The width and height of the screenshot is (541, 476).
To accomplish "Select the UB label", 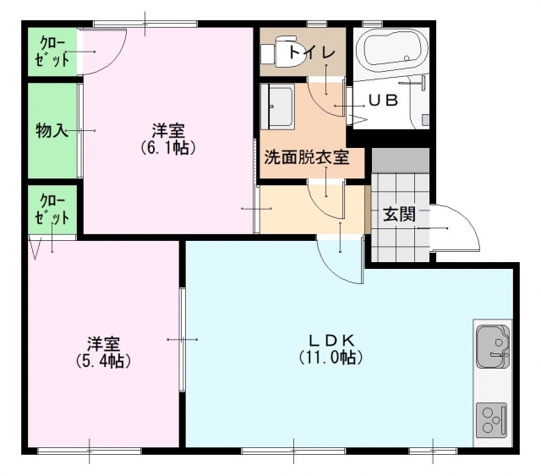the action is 383,100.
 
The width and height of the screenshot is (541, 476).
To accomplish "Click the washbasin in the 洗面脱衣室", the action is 277,107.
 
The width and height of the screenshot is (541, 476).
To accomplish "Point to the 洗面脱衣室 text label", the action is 307,158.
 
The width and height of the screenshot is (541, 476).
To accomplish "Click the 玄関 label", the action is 399,215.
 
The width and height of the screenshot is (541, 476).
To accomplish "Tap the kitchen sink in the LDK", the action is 493,346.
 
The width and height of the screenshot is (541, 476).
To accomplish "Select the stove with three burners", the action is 492,419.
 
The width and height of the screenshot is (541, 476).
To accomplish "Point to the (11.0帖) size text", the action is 331,358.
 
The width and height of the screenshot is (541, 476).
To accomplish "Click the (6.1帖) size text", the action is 168,147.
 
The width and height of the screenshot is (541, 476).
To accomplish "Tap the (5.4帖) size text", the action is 103,360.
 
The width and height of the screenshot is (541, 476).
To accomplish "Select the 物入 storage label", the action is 51,131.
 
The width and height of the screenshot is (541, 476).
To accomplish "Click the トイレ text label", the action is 312,52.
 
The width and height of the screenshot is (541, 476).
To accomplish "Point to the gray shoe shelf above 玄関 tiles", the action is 400,161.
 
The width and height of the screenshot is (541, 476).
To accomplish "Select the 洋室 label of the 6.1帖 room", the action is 168,131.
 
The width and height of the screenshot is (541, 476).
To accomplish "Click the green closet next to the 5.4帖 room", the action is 52,210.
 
